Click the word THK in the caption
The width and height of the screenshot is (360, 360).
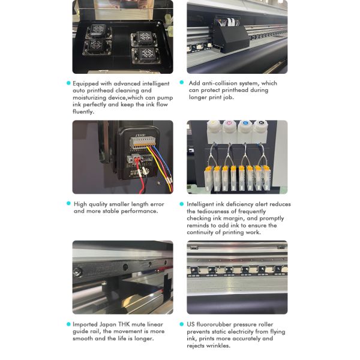[x=124, y=324]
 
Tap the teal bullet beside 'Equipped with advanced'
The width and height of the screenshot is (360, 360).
[x=68, y=83]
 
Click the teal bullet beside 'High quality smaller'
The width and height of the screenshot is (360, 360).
[x=68, y=203]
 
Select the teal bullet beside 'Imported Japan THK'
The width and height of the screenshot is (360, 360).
[x=68, y=324]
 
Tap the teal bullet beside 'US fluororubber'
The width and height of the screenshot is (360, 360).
[x=182, y=324]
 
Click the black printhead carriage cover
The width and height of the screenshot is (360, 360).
[x=231, y=38]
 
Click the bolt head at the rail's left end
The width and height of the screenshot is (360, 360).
[x=77, y=272]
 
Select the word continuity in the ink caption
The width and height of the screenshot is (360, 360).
[x=200, y=232]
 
